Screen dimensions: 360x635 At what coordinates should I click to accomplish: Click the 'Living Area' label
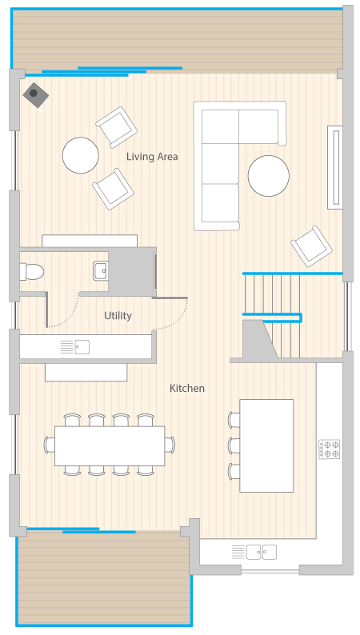[152, 157]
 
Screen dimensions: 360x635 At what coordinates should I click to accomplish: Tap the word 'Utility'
[118, 315]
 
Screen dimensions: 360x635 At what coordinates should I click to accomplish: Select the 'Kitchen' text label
[187, 389]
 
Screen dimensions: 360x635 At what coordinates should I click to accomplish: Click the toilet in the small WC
[31, 272]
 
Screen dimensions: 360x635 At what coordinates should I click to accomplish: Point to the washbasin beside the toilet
[101, 271]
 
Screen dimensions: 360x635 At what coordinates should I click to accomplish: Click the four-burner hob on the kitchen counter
[329, 449]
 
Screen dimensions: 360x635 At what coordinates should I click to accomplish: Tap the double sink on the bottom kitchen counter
[262, 552]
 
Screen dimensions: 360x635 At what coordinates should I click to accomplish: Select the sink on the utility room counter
[82, 347]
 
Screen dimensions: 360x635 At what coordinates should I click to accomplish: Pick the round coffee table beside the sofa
[269, 176]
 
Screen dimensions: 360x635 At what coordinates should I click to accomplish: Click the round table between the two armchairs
[81, 155]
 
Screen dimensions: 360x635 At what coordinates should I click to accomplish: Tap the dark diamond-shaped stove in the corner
[36, 94]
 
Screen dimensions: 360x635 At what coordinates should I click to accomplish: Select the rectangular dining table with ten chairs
[110, 446]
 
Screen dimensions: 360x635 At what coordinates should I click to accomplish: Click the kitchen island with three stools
[266, 446]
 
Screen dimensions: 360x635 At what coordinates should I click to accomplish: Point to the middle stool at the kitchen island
[234, 445]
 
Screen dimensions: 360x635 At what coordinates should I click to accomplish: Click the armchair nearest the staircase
[311, 246]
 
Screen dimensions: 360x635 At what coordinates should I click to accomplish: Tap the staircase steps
[291, 316]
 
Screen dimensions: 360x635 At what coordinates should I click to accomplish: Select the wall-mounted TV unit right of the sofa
[335, 167]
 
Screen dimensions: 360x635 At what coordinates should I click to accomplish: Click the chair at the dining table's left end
[50, 445]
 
